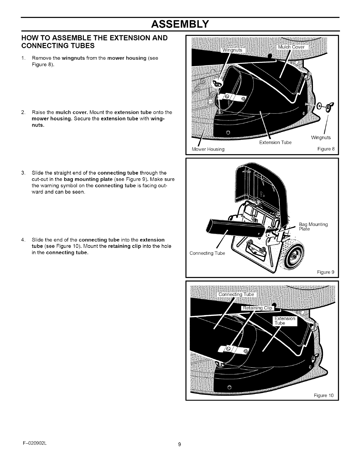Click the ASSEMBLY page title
click(x=180, y=24)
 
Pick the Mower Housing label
click(x=208, y=149)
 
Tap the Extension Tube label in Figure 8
click(x=275, y=143)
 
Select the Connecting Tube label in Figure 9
click(x=207, y=253)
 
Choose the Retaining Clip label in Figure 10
click(x=257, y=308)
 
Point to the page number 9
click(x=179, y=453)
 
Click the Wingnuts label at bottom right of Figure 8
click(x=321, y=138)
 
